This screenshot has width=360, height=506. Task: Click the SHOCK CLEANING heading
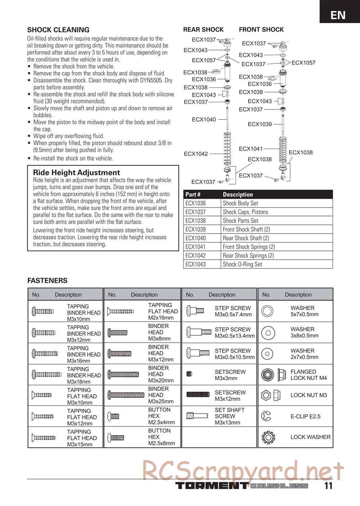[x=58, y=30]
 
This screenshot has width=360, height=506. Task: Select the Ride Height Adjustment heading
[x=76, y=172]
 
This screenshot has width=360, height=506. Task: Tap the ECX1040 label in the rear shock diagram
[x=204, y=119]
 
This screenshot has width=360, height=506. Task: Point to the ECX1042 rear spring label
[x=196, y=154]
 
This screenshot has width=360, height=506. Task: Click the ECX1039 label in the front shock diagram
[x=260, y=124]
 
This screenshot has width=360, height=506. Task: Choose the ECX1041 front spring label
[x=251, y=149]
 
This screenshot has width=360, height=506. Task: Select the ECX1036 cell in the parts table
[x=196, y=203]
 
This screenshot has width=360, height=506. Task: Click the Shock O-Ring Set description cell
[x=242, y=264]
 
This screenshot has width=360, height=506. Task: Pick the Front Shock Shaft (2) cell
[x=246, y=229]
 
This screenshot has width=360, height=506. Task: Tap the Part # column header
[x=193, y=194]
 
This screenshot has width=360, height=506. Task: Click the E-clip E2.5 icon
[x=267, y=416]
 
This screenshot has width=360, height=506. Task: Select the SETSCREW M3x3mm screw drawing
[x=189, y=374]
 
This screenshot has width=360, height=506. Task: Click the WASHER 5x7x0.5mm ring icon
[x=267, y=311]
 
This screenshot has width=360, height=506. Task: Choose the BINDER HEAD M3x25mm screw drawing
[x=126, y=395]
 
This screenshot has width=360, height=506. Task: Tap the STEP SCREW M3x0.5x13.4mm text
[x=234, y=333]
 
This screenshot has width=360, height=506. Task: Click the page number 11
[x=328, y=486]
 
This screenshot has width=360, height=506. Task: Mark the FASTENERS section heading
[x=47, y=281]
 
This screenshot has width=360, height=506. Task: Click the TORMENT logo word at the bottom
[x=211, y=486]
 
